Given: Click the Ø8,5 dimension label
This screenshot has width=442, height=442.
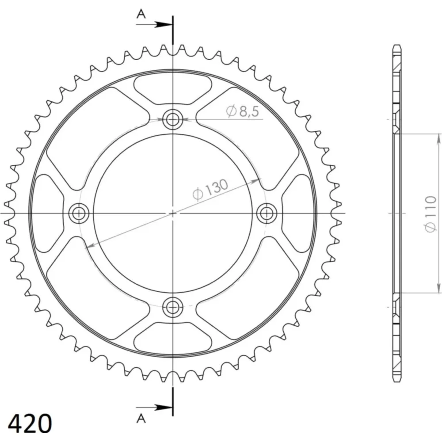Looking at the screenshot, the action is pos(242,111).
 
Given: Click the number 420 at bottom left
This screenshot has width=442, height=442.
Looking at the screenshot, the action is pos(30,423).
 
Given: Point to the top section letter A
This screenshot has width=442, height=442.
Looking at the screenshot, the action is pos(141,14).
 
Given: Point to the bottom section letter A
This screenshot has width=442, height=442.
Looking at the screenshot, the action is pos(141,419).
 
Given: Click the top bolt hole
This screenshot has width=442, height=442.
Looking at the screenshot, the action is pos(172,119).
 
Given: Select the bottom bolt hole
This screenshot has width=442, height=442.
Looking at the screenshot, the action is pos(172,307).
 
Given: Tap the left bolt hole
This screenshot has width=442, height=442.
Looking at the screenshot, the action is pos(79,213).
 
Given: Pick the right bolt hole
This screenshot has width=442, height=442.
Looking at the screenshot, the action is pos(267,213).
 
